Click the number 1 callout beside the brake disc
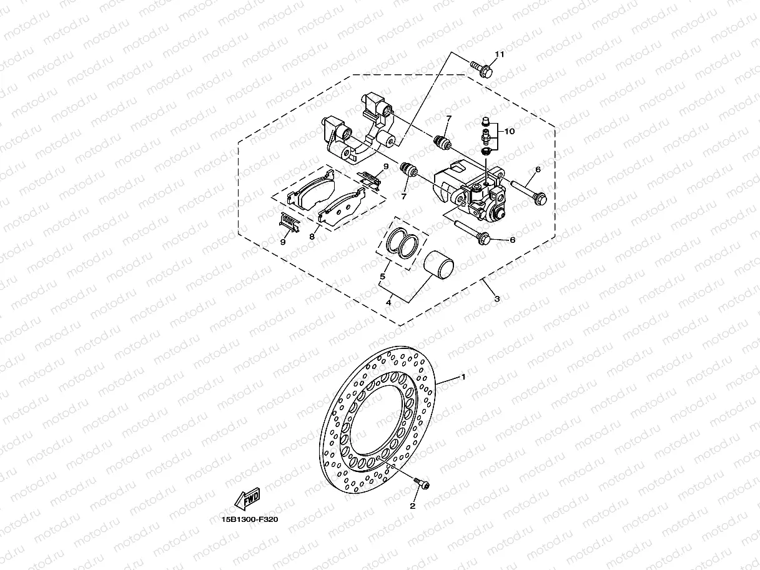[x=463, y=377]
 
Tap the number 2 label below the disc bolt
[x=412, y=506]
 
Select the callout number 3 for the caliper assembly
[x=496, y=299]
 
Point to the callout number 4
[x=388, y=303]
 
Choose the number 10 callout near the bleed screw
[x=510, y=132]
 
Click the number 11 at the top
[x=499, y=55]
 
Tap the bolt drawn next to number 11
[x=481, y=68]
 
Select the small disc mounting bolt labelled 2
[x=423, y=482]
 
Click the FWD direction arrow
[x=247, y=498]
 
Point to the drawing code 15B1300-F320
[x=249, y=519]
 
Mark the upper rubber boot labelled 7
[x=443, y=143]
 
